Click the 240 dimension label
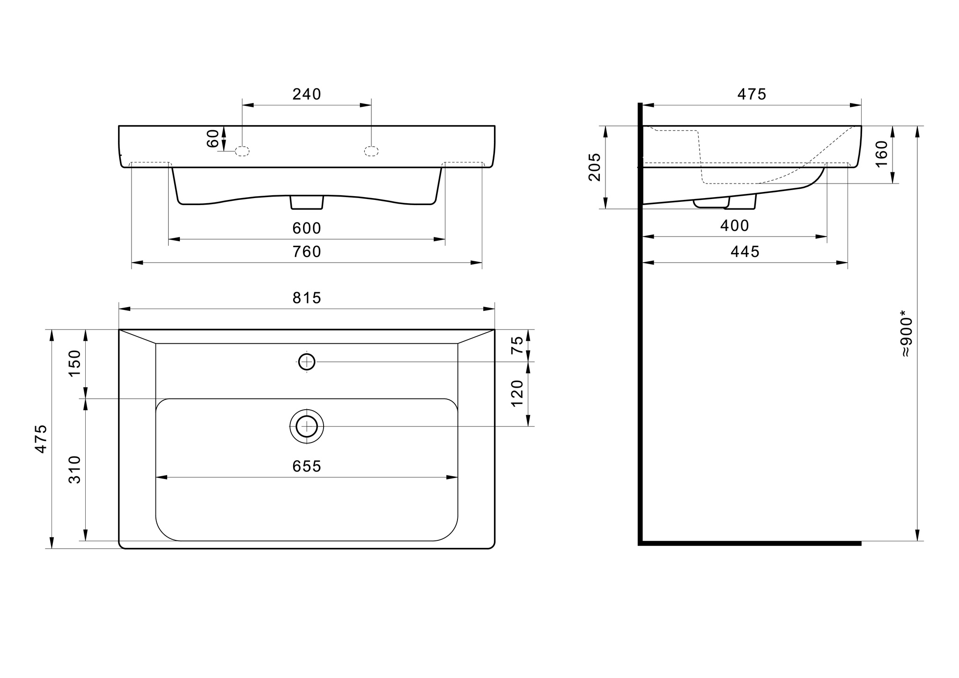pyautogui.click(x=307, y=95)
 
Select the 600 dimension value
pyautogui.click(x=307, y=228)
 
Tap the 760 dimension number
pyautogui.click(x=307, y=252)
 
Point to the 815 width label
pyautogui.click(x=307, y=298)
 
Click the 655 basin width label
pyautogui.click(x=307, y=466)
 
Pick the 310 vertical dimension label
pyautogui.click(x=75, y=470)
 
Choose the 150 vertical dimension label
pyautogui.click(x=75, y=363)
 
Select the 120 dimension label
pyautogui.click(x=517, y=393)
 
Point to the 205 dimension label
pyautogui.click(x=595, y=167)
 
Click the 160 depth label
pyautogui.click(x=881, y=154)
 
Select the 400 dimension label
pyautogui.click(x=735, y=226)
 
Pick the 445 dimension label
pyautogui.click(x=745, y=252)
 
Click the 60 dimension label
pyautogui.click(x=213, y=139)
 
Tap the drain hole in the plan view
pyautogui.click(x=307, y=426)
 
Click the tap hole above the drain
pyautogui.click(x=307, y=362)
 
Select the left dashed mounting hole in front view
pyautogui.click(x=242, y=151)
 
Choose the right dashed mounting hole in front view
pyautogui.click(x=371, y=151)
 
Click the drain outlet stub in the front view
pyautogui.click(x=307, y=202)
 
